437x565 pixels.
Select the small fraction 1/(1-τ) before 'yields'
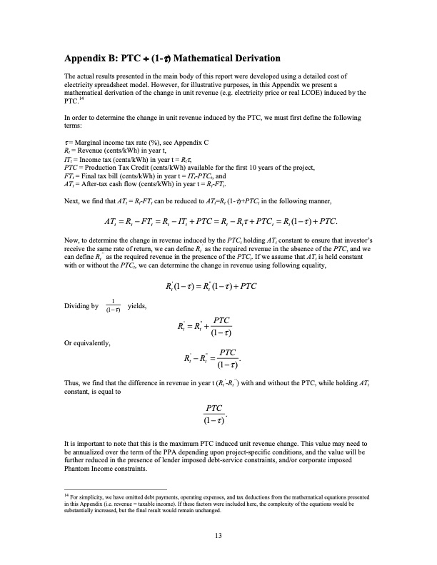[x=113, y=307]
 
